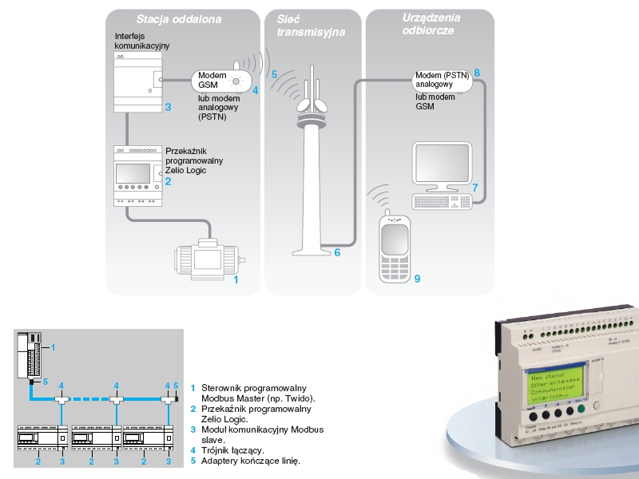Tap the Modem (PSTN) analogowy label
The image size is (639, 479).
(x=435, y=79)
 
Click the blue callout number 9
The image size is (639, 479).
(x=416, y=279)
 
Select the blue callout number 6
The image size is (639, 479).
(x=337, y=253)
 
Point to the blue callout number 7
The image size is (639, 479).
(x=475, y=187)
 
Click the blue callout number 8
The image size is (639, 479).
(x=477, y=73)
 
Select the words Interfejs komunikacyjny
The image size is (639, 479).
(x=142, y=42)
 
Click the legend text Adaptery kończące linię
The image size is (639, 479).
(x=250, y=461)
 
